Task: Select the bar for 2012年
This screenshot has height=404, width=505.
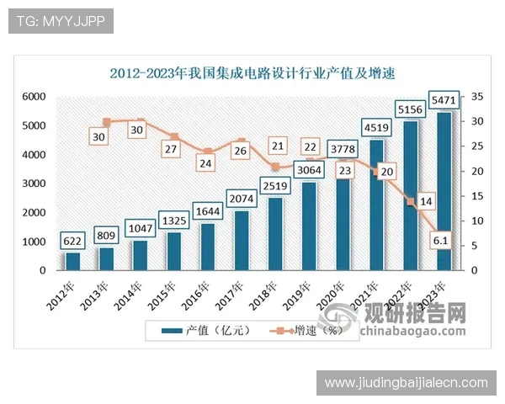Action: coord(73,261)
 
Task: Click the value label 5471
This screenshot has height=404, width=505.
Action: coord(444,100)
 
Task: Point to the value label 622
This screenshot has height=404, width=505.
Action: coord(73,242)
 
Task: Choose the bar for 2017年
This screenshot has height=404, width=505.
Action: coord(242,241)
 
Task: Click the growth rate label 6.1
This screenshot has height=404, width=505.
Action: coord(439,241)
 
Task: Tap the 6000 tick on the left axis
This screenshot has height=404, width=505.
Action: coord(33,98)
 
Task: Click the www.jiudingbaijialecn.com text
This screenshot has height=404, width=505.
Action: coord(406,383)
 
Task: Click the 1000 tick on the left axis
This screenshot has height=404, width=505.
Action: coord(33,242)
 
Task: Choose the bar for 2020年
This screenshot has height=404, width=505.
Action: coord(343,224)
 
